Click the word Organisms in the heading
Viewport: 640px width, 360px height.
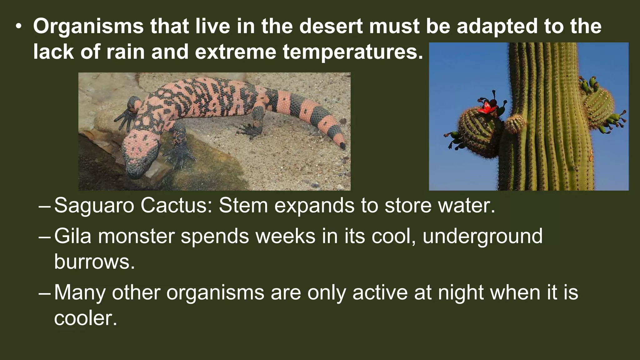(88, 26)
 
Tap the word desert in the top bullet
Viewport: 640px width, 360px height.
(331, 26)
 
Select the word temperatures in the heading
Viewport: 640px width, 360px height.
(353, 52)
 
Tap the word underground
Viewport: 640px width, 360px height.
(482, 237)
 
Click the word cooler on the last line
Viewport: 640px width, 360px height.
(85, 318)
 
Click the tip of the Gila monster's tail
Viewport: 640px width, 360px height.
(342, 146)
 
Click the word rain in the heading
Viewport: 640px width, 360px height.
(125, 52)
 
